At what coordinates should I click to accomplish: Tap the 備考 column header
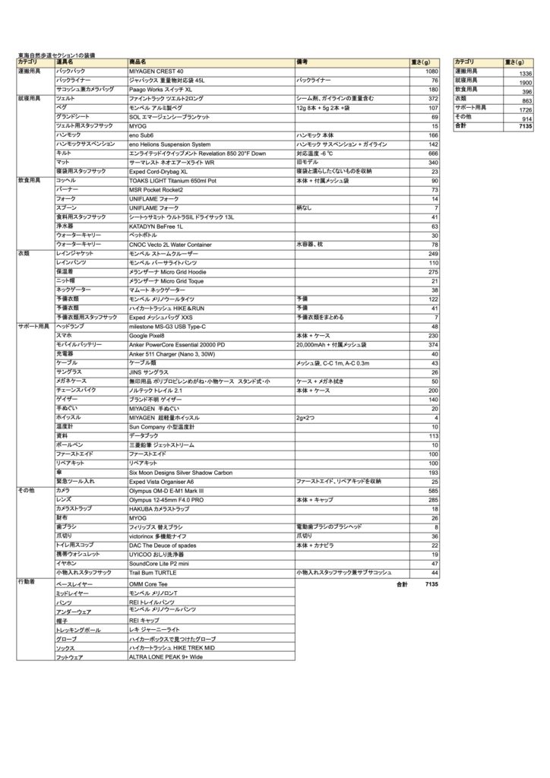[302, 62]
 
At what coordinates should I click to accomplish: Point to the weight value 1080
[431, 70]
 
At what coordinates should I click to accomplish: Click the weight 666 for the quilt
[434, 153]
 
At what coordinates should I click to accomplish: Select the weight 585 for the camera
[434, 491]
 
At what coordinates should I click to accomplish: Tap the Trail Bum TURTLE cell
[153, 573]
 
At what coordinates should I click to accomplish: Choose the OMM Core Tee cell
[148, 583]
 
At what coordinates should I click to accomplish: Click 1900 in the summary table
[526, 83]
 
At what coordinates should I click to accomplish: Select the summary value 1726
[526, 110]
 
